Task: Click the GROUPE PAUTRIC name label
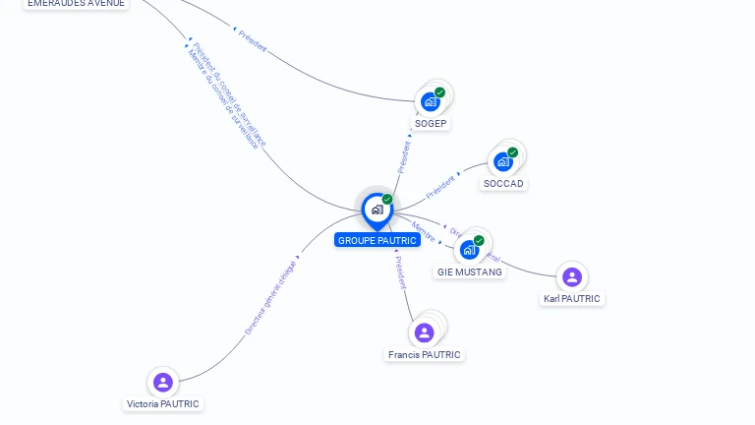[x=377, y=240]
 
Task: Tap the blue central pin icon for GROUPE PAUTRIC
[x=377, y=210]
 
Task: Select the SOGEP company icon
[x=431, y=100]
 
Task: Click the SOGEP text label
[x=432, y=123]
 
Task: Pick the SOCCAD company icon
[x=503, y=161]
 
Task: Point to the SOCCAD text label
[x=504, y=184]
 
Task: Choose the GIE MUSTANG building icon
[x=469, y=249]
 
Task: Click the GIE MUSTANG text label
[x=470, y=272]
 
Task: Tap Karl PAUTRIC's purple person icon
[x=571, y=276]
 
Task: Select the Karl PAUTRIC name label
[x=572, y=298]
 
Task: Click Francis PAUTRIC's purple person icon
[x=424, y=333]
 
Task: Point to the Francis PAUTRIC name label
[x=424, y=354]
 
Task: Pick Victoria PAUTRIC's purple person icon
[x=163, y=382]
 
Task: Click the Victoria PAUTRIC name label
[x=163, y=403]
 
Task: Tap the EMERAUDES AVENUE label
[x=76, y=3]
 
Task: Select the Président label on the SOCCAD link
[x=441, y=184]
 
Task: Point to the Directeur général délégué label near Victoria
[x=270, y=298]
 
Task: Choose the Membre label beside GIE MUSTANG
[x=423, y=231]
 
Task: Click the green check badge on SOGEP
[x=439, y=92]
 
